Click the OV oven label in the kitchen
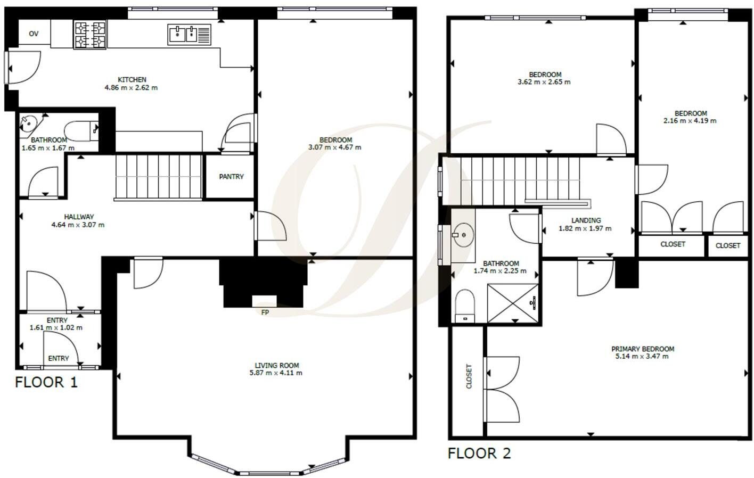[x=34, y=34]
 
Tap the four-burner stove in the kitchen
[x=90, y=35]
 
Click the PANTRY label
[x=231, y=177]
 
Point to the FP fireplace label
[x=265, y=312]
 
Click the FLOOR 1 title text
[x=46, y=382]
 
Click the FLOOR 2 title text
[x=479, y=454]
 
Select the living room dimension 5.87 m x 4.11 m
[x=276, y=373]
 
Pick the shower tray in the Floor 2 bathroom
[x=513, y=303]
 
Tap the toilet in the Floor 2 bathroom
[x=465, y=306]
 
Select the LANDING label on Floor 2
[x=586, y=220]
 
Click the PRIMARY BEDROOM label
[x=642, y=349]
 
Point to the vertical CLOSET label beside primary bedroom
[x=469, y=376]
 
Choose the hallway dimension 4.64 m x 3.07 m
[x=78, y=225]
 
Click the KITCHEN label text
[x=132, y=80]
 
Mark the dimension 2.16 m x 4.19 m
[x=690, y=121]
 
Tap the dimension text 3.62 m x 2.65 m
[x=544, y=83]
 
